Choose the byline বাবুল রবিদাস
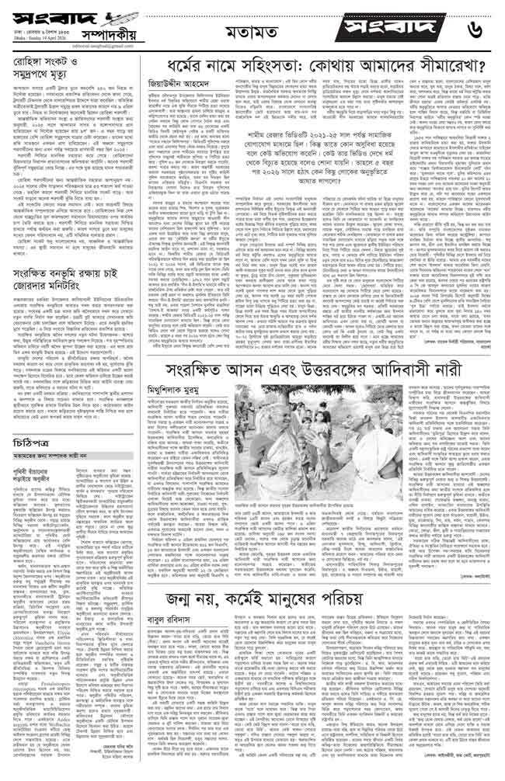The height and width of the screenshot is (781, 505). coord(175,623)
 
